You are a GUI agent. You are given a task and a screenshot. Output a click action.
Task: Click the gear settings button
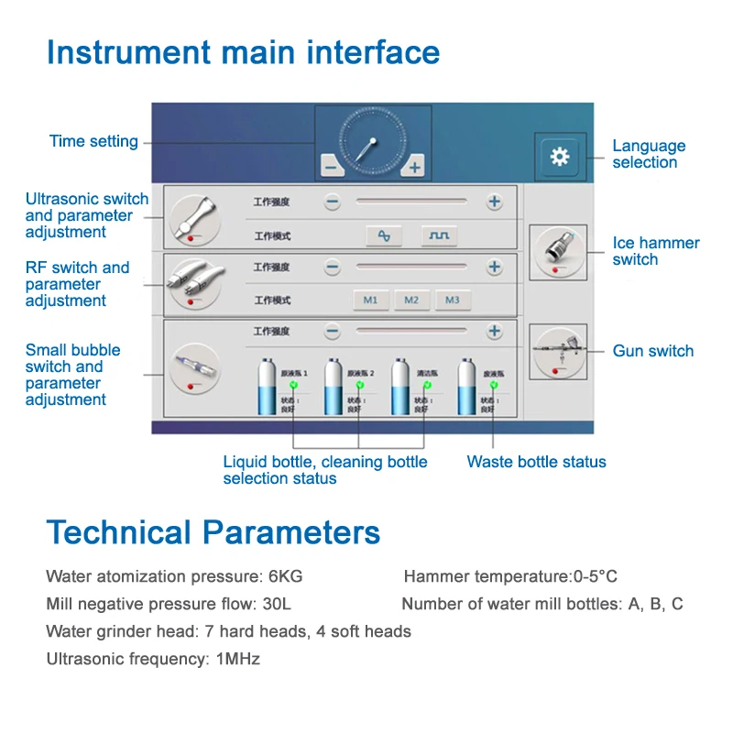point(559,156)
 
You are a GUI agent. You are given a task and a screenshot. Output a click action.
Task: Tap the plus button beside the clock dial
point(414,167)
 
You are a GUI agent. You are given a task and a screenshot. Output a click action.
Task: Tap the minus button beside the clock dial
point(330,167)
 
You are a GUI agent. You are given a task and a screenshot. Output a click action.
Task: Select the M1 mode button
point(371,300)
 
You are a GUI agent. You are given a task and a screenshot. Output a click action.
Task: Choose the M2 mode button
point(411,300)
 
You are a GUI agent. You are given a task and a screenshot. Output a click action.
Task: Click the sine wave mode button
point(384,235)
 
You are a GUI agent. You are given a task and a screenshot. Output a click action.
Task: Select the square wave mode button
point(440,235)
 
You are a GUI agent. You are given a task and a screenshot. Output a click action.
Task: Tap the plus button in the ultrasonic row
point(495,202)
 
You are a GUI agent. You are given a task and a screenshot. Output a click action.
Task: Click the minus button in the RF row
point(333,268)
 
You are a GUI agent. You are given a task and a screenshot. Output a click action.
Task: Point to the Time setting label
point(93,141)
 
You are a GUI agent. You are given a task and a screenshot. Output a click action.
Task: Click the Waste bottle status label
point(536,462)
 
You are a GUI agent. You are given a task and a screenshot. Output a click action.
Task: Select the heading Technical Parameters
point(213,532)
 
